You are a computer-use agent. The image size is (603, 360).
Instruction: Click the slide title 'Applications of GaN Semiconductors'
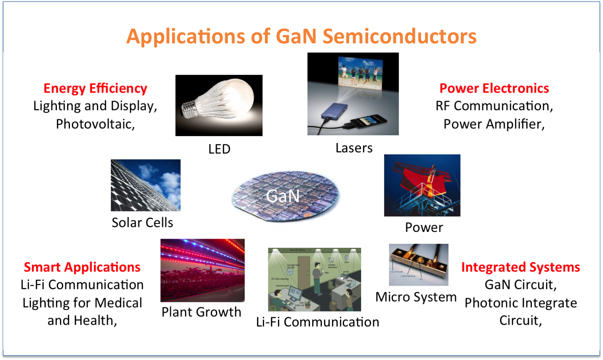(301, 36)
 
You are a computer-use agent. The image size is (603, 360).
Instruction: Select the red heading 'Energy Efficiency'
(95, 88)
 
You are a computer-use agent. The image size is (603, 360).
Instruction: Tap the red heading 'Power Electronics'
(494, 88)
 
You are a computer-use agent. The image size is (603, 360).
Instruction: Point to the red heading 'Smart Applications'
(82, 267)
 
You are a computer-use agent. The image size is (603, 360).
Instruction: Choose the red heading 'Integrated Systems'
(520, 267)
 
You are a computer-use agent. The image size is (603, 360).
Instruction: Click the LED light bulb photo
(219, 105)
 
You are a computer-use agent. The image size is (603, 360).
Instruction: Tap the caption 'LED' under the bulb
(219, 149)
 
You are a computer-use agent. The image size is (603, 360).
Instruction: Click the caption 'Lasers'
(354, 148)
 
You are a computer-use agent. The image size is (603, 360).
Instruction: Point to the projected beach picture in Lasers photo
(360, 73)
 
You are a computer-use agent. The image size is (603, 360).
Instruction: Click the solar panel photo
(146, 185)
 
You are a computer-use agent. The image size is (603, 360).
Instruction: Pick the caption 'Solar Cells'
(142, 223)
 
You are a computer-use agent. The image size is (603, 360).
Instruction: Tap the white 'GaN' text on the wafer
(282, 196)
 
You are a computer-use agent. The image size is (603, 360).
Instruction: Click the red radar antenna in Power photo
(422, 179)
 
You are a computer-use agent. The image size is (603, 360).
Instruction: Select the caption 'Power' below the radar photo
(424, 228)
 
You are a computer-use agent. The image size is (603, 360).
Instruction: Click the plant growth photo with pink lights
(202, 270)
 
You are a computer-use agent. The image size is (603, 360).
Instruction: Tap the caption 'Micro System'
(416, 297)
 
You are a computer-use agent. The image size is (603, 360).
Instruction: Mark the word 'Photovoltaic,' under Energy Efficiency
(95, 124)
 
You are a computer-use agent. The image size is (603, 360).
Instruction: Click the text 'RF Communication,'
(494, 106)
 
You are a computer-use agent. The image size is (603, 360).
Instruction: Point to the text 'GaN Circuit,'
(520, 285)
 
